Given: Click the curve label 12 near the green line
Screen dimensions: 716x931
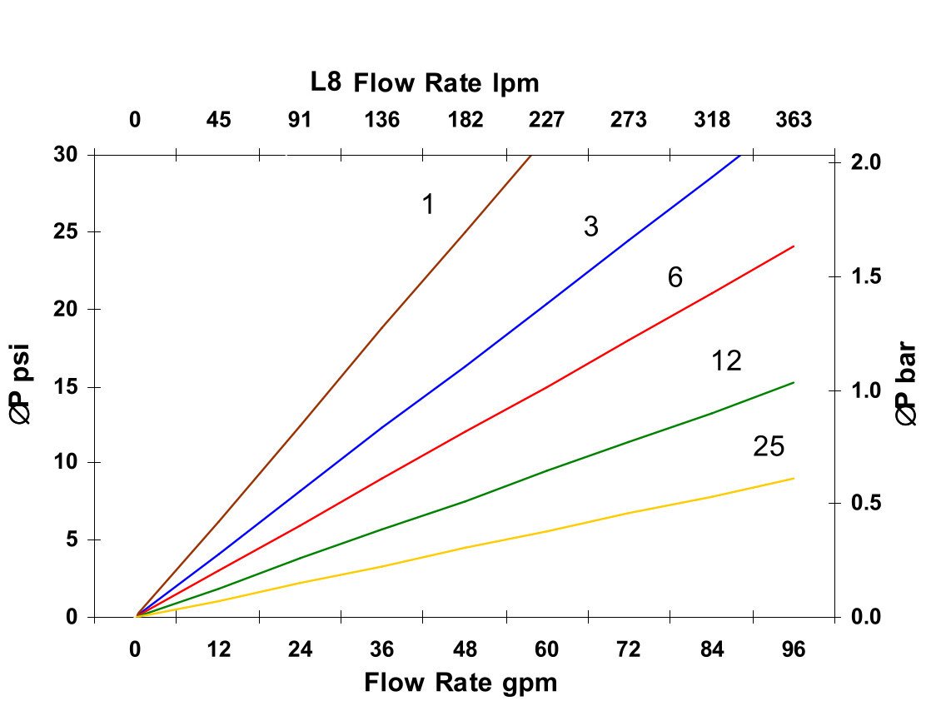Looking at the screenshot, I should pos(726,361).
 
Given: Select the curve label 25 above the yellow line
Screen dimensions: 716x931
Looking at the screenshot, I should pos(769,447).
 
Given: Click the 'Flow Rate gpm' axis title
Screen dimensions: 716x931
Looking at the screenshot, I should pos(461,684).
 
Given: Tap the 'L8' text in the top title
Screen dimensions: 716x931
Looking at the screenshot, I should pos(326,82).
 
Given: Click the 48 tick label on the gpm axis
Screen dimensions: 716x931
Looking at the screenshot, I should pos(465,650).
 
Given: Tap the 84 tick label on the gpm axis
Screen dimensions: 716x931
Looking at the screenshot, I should pos(712,650).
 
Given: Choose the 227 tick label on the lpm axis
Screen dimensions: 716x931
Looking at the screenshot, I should pos(546,120).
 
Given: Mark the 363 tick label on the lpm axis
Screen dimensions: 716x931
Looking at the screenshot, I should pos(794,120).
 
